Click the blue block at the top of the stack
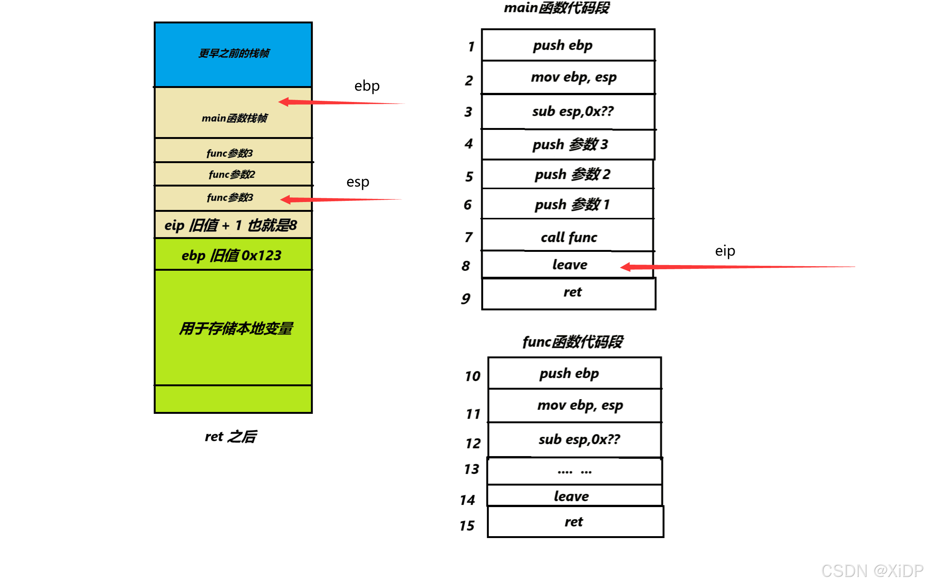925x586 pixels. pos(233,54)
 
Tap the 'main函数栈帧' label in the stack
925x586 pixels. pos(234,118)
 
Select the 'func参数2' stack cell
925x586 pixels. pos(232,174)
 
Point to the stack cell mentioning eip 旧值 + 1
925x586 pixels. pos(230,225)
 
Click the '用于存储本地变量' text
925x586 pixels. pos(236,328)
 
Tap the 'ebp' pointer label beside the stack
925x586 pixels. pos(367,86)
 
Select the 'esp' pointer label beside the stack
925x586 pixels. pos(358,182)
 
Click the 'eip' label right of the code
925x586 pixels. pos(725,251)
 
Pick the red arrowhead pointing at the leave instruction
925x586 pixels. pos(626,267)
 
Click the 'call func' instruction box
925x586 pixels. pos(568,237)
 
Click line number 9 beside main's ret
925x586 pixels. pos(466,298)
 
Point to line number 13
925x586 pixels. pos(471,469)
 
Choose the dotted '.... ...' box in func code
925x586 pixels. pos(574,471)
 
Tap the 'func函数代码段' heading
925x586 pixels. pos(572,341)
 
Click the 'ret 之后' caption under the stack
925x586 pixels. pos(230,436)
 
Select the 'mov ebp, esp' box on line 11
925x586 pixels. pos(580,405)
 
